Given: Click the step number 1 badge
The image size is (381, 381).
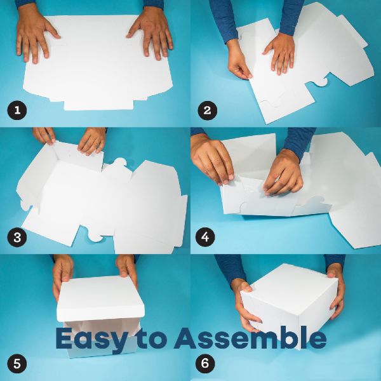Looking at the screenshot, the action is pos(17,110).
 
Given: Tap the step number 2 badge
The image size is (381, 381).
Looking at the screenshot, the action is pos(207,110).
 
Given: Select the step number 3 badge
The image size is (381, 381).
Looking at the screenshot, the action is pos(17,237).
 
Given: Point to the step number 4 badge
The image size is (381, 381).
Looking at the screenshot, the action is pos(205,237).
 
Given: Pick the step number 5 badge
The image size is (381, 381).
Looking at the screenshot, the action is pos(17,364).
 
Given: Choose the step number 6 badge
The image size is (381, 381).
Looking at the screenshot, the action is pos(205,363).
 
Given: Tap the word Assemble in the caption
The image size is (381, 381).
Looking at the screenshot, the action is pos(250,338).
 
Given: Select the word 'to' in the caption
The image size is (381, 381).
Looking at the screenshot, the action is pos(151,338).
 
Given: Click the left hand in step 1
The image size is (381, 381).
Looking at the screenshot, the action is pos(34,32).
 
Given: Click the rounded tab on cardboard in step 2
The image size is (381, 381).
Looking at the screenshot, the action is pos(321,83).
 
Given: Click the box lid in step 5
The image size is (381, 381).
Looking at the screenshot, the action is pos(100,299).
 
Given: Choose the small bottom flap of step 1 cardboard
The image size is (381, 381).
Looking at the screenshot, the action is pos(98,105).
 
